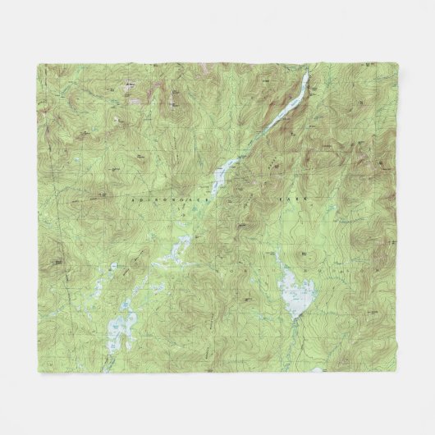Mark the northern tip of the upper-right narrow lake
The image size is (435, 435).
308,75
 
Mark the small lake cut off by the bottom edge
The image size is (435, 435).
316,370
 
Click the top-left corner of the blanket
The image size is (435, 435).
38,63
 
